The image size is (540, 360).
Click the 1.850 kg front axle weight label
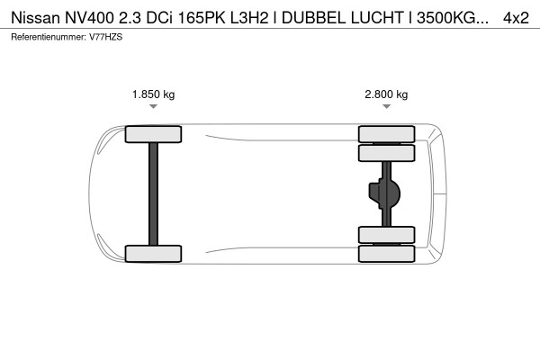click(153, 94)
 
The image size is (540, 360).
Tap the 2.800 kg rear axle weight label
click(386, 94)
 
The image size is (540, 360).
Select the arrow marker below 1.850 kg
click(153, 106)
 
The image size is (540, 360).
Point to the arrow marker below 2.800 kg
click(386, 106)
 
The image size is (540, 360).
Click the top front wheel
click(153, 135)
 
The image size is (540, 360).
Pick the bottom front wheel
click(153, 253)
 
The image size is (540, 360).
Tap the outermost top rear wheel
click(386, 135)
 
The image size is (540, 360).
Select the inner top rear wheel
click(386, 153)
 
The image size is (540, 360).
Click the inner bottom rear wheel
click(386, 235)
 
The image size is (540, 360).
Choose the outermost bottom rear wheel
click(386, 253)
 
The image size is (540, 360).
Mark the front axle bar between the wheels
click(153, 193)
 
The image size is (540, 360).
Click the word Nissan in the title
click(30, 17)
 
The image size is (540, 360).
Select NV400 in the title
click(81, 17)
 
